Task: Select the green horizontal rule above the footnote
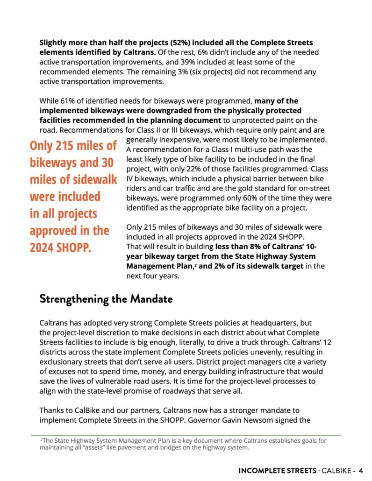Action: coord(186,435)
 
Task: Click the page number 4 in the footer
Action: coord(361,470)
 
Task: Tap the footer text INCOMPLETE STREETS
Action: coord(273,470)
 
